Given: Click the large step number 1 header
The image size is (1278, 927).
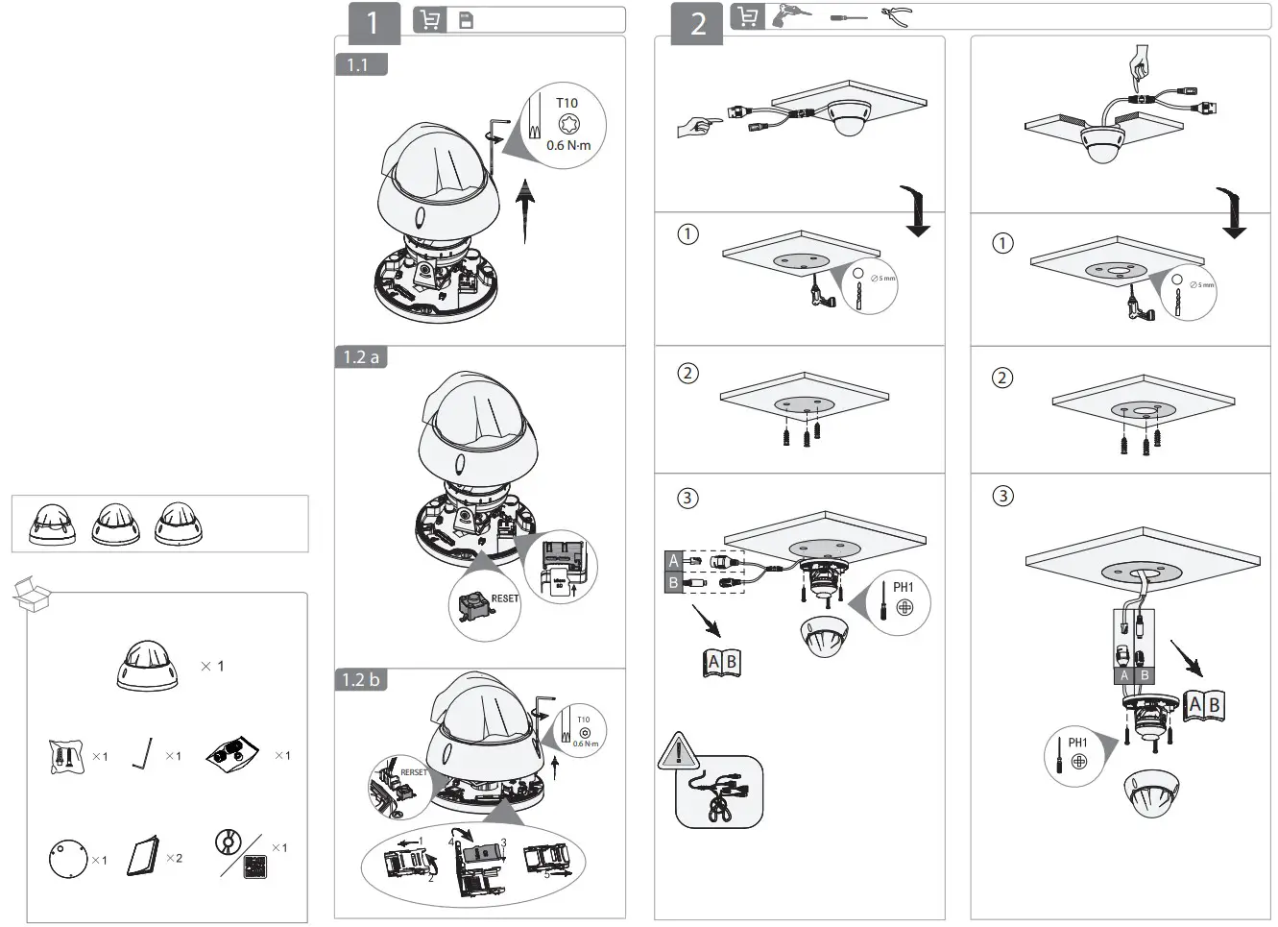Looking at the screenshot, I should tap(373, 22).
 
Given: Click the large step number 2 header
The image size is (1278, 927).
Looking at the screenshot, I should tap(698, 22).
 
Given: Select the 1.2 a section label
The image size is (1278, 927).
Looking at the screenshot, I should tap(361, 357).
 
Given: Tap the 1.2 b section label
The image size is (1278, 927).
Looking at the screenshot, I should tap(361, 680).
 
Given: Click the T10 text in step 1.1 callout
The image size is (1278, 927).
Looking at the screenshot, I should tap(567, 103).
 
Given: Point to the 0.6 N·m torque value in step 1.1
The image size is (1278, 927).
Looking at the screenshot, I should tap(568, 146).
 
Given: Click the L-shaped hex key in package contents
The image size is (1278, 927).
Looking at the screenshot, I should tap(143, 754).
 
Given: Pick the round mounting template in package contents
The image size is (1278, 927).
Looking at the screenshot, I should tap(67, 857).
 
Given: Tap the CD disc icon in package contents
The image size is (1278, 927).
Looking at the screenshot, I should tap(229, 842).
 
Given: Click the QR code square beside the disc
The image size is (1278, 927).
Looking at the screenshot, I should tap(255, 866).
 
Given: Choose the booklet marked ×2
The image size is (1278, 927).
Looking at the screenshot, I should tap(143, 856).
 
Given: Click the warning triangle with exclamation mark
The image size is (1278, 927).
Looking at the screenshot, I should tap(678, 750).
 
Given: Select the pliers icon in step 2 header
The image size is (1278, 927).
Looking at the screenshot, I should tap(895, 16).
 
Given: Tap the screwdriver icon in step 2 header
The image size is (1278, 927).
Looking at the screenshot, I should tap(848, 17).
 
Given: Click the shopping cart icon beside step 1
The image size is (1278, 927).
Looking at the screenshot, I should tap(429, 20).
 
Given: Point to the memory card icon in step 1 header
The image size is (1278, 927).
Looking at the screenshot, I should tap(466, 20).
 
